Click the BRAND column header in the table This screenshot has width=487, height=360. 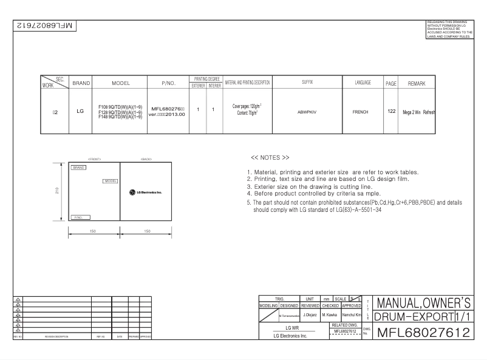pyautogui.click(x=81, y=83)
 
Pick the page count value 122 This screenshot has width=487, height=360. pyautogui.click(x=392, y=111)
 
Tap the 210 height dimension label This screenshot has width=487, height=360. pyautogui.click(x=55, y=192)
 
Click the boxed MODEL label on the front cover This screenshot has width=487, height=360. pyautogui.click(x=111, y=181)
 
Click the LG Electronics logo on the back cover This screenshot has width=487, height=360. pyautogui.click(x=145, y=193)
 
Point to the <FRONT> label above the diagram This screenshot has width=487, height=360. pyautogui.click(x=94, y=158)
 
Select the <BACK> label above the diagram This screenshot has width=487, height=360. pyautogui.click(x=146, y=158)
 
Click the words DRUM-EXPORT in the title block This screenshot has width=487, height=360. pyautogui.click(x=410, y=317)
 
